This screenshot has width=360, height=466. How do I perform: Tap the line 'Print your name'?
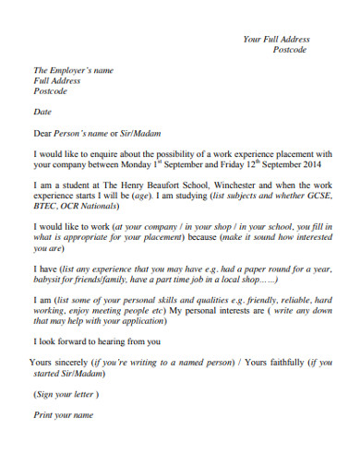(x=64, y=415)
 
